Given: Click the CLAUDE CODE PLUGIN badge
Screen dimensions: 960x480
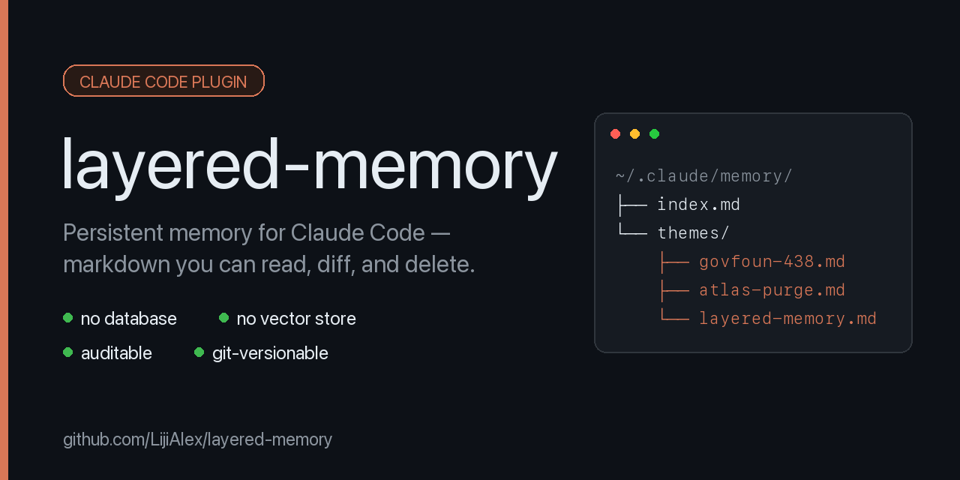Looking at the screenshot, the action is [163, 81].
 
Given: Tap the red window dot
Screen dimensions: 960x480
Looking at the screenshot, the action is [616, 134].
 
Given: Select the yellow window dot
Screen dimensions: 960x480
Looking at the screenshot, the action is [634, 134].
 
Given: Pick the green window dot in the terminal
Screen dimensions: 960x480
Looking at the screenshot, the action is [655, 134].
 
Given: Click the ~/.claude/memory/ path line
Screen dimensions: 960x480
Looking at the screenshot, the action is [703, 176].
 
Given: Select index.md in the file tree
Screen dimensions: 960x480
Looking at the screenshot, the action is [698, 205].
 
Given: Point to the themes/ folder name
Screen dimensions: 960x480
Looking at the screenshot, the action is [693, 233].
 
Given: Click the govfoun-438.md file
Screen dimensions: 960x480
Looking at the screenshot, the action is [772, 262].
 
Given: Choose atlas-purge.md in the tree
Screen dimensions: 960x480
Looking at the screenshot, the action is [772, 290].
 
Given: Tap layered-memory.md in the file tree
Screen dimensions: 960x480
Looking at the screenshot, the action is [787, 319].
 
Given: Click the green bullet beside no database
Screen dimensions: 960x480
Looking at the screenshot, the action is [67, 317].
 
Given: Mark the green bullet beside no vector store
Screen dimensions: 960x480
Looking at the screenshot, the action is [223, 317].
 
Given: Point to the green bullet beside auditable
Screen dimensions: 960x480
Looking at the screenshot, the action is [67, 352].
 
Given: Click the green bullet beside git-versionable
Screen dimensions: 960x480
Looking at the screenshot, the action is [199, 352].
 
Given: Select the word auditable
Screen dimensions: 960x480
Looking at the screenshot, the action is [116, 353].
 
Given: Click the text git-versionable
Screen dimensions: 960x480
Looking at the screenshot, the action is [270, 354].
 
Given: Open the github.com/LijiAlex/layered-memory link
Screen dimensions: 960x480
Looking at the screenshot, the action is [197, 439].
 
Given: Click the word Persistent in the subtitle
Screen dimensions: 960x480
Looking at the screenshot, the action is [113, 232].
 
